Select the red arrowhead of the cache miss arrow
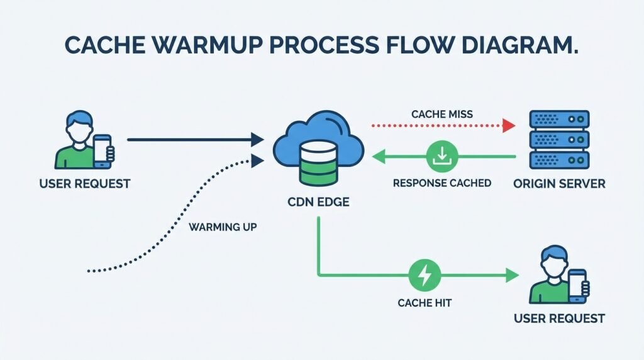point(509,126)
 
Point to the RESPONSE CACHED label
point(441,184)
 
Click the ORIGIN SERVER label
point(559,184)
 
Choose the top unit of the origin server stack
point(559,119)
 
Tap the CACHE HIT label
point(425,303)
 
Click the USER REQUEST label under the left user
point(84,184)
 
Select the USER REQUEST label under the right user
point(559,318)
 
